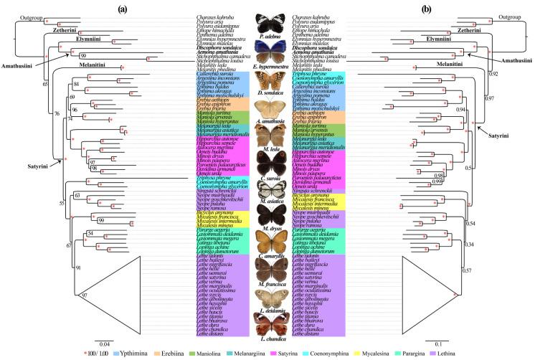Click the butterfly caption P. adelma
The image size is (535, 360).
point(268,34)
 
